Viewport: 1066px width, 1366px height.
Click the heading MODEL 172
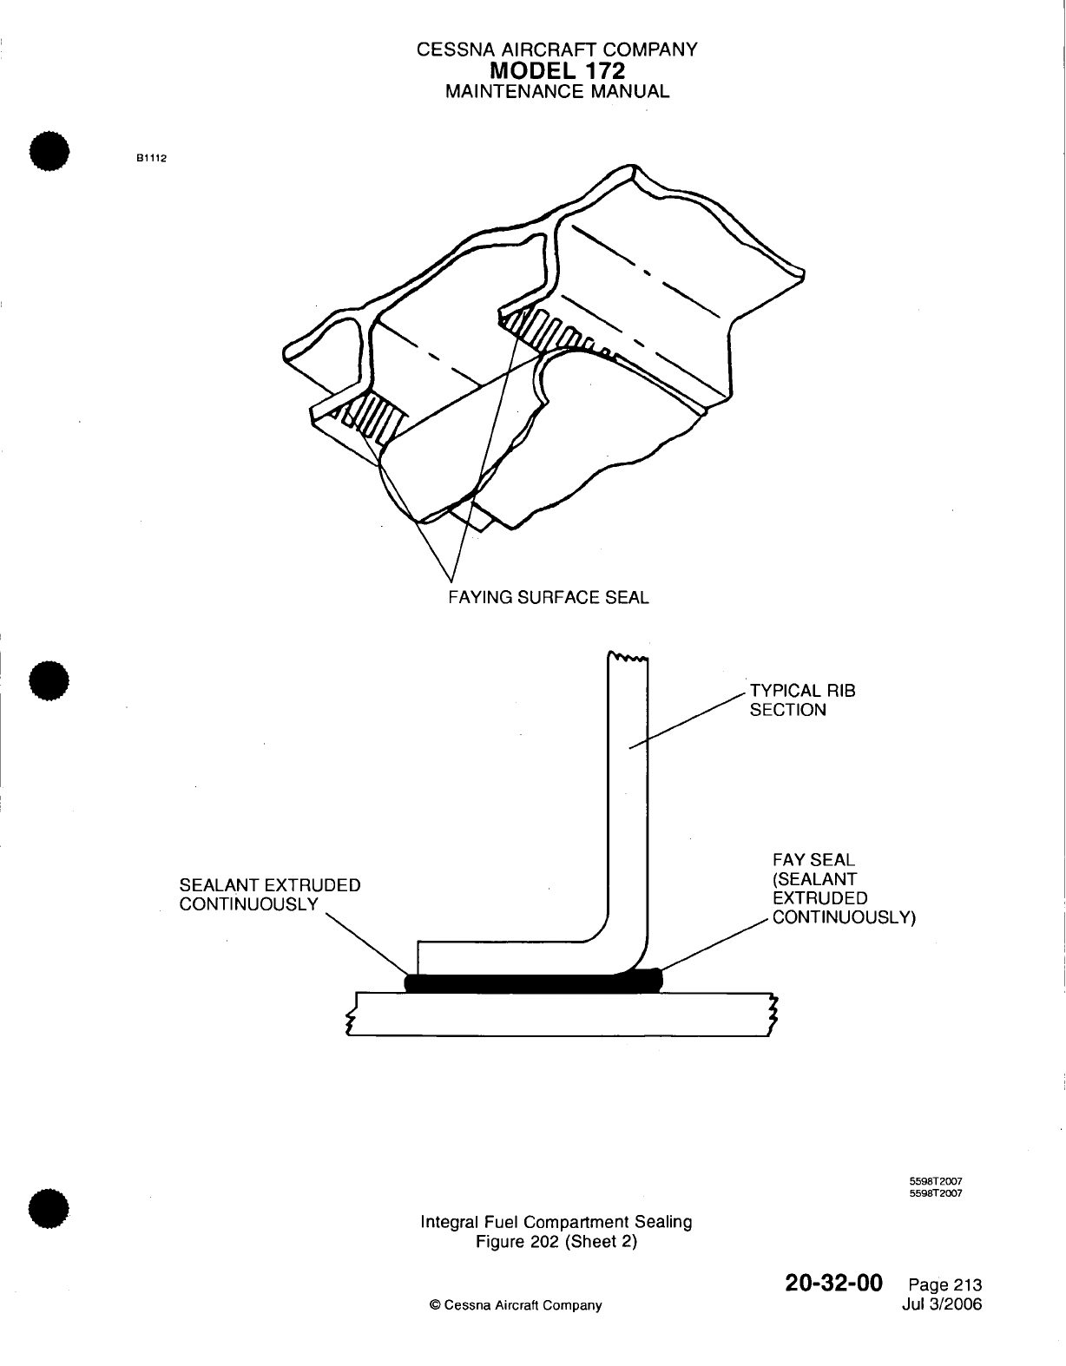556,70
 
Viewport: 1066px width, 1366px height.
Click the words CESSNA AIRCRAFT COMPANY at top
556,50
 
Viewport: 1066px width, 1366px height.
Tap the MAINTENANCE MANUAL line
556,91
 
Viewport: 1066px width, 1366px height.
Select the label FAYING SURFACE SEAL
548,597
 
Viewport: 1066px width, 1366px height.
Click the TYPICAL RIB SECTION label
802,700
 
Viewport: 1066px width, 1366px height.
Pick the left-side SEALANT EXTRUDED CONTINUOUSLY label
269,895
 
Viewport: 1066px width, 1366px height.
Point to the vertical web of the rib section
627,781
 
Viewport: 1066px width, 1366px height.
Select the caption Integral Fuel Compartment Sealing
556,1222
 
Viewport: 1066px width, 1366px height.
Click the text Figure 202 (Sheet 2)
556,1241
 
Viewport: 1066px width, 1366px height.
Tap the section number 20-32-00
833,1283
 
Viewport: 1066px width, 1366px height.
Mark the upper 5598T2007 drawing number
937,1181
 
